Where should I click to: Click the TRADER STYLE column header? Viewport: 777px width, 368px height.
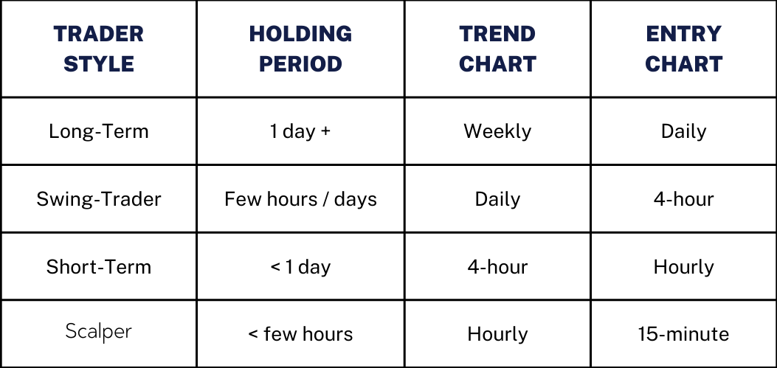[x=99, y=49]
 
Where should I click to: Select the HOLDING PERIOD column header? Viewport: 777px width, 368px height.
[x=300, y=49]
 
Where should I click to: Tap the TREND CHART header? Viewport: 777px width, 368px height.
[x=497, y=49]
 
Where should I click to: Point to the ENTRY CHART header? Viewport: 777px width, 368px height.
[x=683, y=49]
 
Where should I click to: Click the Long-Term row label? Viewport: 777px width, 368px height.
[x=99, y=131]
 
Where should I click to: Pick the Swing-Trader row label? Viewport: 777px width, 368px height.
[x=99, y=199]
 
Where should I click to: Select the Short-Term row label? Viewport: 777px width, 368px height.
[x=99, y=266]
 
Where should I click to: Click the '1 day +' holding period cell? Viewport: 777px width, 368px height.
[x=300, y=131]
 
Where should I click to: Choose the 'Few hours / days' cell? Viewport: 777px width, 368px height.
[x=300, y=199]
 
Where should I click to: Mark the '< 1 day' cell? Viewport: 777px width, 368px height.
[x=300, y=266]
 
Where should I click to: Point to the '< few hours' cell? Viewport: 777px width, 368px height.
[x=300, y=334]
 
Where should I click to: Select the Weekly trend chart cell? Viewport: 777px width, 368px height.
[x=497, y=131]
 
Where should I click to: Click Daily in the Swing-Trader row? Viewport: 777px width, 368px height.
[x=497, y=199]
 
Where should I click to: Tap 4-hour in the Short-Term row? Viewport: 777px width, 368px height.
[x=497, y=266]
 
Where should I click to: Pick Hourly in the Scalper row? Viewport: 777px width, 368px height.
[x=497, y=334]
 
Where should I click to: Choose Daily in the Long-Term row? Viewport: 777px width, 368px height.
[x=683, y=131]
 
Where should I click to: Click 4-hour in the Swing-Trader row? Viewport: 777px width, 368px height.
[x=683, y=199]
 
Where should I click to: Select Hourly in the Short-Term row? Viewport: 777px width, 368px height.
[x=683, y=266]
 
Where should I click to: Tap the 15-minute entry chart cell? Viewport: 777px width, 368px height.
[x=683, y=334]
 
